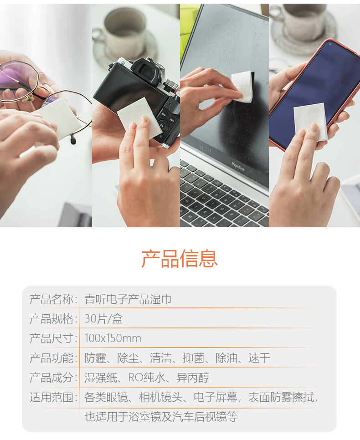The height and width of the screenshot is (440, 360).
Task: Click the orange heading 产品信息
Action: (x=180, y=258)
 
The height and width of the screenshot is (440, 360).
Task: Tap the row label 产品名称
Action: (x=51, y=299)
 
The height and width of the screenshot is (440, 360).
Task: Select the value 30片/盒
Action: (x=103, y=319)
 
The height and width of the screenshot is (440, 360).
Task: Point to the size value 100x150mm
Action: (x=113, y=338)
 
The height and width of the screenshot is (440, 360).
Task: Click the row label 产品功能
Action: (x=51, y=358)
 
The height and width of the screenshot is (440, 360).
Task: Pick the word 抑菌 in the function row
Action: (x=194, y=358)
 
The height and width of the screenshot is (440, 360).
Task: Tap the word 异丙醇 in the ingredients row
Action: (x=193, y=378)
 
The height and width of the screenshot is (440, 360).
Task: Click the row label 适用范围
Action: (x=51, y=397)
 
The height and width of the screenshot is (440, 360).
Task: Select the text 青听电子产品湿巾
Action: (x=128, y=299)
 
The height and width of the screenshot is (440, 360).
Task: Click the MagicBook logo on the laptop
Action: (x=238, y=166)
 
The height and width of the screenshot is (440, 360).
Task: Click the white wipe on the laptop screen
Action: (x=242, y=86)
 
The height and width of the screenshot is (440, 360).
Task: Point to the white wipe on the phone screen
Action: (x=311, y=122)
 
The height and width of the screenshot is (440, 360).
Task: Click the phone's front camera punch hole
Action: (x=330, y=44)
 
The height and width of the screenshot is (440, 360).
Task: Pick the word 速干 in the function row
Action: (x=259, y=358)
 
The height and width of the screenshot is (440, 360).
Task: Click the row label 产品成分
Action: (x=51, y=378)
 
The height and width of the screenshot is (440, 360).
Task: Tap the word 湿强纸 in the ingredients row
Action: (x=101, y=378)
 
